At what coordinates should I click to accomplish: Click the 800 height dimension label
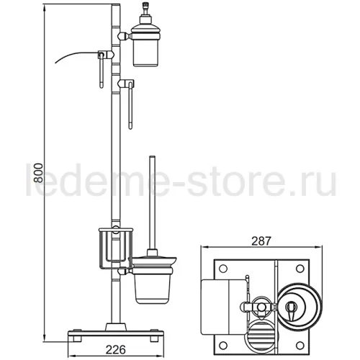(38, 173)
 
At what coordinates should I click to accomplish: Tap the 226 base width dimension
(116, 350)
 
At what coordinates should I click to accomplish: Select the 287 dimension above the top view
(261, 241)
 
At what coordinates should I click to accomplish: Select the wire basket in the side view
(116, 248)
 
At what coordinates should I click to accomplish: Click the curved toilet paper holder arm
(77, 55)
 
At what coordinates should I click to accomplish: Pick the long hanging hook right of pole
(130, 106)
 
